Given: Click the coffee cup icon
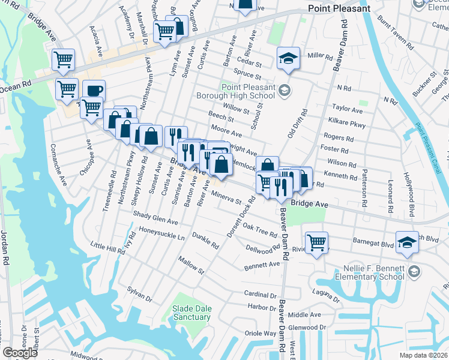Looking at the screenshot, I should coord(94,91).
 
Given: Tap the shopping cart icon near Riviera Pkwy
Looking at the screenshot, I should coord(316,242).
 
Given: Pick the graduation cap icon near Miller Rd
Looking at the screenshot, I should coord(288,58).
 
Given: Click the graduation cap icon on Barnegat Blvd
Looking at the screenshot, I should coord(407,242).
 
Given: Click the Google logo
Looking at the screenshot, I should coord(19,353).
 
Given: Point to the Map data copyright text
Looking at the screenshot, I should coord(424,355).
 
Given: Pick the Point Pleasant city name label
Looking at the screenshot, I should coord(339,9).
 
